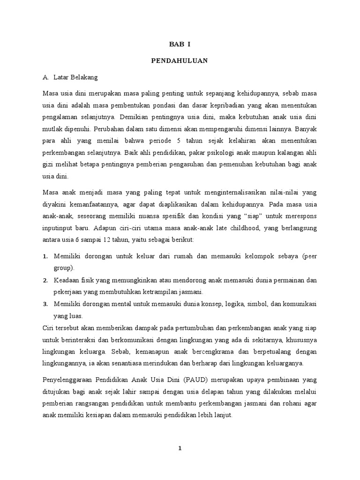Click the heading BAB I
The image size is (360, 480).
[x=180, y=45]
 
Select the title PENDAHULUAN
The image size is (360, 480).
[x=180, y=60]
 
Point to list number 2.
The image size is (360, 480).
[x=45, y=280]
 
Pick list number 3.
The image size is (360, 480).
[x=45, y=304]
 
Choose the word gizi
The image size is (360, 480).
[x=48, y=165]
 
